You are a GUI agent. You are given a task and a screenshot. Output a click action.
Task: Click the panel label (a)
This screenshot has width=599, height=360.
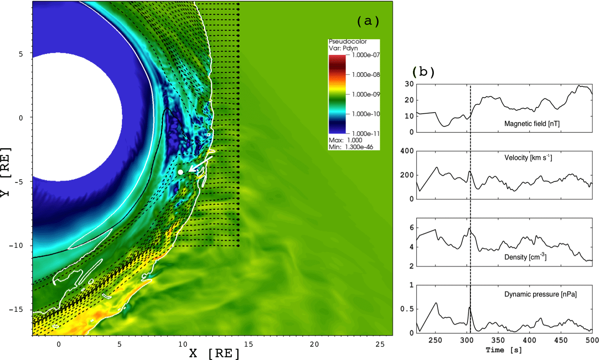[368, 21]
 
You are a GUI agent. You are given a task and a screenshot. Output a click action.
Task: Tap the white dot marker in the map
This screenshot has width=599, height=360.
[180, 172]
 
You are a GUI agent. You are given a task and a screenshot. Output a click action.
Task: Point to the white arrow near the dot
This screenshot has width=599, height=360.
[200, 164]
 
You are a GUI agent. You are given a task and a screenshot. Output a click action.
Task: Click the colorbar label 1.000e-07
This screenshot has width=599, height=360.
[366, 55]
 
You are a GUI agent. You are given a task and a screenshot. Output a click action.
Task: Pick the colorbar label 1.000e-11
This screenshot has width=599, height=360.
[366, 133]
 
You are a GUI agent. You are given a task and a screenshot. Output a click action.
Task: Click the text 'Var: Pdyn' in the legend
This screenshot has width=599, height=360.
[343, 48]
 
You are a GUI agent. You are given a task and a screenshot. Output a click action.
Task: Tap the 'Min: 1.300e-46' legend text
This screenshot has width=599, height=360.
[351, 147]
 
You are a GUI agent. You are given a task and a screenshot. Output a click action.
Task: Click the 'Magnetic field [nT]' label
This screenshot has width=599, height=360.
[532, 124]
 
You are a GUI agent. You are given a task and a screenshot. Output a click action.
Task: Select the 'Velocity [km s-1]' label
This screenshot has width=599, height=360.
[528, 158]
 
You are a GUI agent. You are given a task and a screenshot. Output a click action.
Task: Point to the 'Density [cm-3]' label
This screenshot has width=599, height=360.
[525, 257]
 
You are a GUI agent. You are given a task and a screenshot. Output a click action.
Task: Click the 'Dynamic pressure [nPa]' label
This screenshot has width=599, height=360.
[540, 294]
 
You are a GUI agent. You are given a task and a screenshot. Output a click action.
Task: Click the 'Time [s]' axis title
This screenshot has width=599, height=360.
[504, 350]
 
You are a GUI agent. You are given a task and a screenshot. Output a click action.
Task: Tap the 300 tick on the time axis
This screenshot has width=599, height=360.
[466, 340]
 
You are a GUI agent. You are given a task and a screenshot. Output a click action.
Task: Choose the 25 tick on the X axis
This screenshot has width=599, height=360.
[380, 344]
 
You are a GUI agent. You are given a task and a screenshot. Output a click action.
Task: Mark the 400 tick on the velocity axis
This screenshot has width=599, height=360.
[407, 151]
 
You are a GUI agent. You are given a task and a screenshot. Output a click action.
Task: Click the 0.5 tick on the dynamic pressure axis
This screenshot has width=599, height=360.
[407, 309]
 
